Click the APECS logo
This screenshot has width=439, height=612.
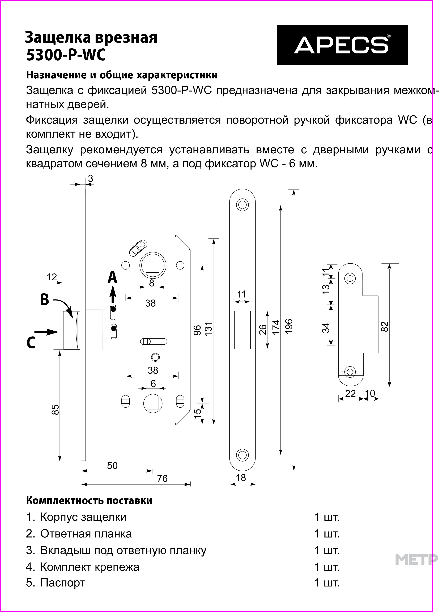342,45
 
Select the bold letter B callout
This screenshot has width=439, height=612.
45,299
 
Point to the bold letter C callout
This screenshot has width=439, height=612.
31,343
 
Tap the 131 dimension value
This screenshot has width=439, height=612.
209,329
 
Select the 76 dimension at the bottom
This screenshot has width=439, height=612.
162,478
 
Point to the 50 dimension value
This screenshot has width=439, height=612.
112,466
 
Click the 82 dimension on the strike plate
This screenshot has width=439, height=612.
385,327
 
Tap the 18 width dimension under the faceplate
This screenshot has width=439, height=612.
241,478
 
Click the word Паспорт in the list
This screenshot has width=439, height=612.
63,583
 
